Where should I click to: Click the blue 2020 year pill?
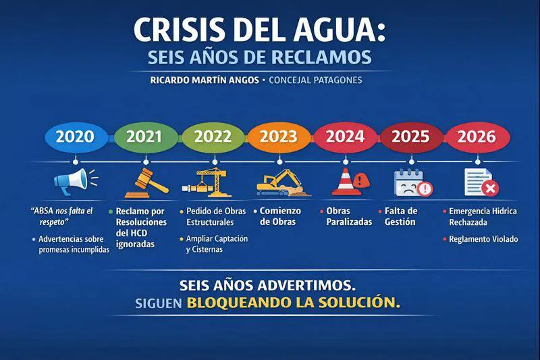[75, 136]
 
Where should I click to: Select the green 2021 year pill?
[144, 136]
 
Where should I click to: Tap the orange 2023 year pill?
[279, 136]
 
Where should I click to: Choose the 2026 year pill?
[476, 136]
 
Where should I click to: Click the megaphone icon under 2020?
[73, 180]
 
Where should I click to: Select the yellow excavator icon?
[277, 182]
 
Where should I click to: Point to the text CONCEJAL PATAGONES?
[315, 80]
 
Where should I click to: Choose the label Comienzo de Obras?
[280, 216]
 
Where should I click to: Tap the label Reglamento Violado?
[483, 238]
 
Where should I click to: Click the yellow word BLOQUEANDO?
[238, 303]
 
